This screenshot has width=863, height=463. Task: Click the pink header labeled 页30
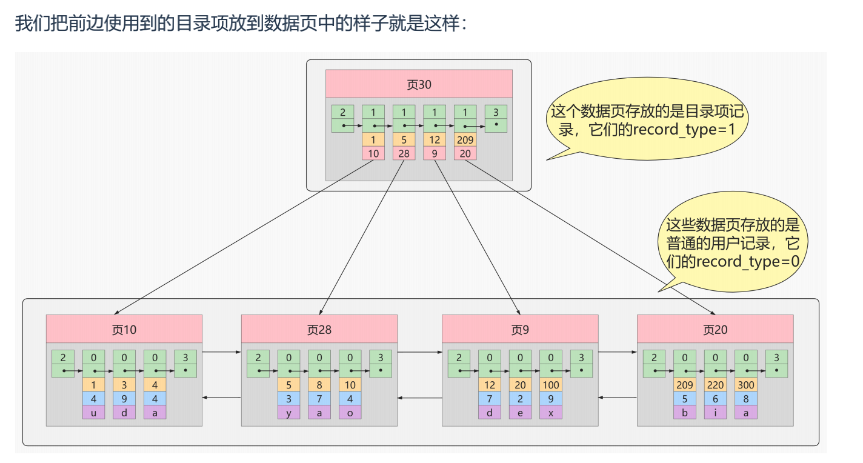(419, 84)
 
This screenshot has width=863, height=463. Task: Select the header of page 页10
(124, 329)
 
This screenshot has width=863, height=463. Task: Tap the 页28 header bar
(319, 329)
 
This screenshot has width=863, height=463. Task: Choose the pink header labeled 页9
(519, 329)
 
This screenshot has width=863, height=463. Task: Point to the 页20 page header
(715, 329)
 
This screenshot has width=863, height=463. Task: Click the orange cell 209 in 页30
(465, 140)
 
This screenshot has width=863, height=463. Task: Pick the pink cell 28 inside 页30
(404, 153)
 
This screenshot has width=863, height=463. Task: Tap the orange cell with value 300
(745, 385)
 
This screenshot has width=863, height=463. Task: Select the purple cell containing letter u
(93, 412)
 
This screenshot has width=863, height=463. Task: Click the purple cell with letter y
(288, 412)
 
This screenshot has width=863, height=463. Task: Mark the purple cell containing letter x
(550, 412)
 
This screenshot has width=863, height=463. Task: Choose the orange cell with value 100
(550, 385)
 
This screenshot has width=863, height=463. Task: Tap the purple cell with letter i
(715, 412)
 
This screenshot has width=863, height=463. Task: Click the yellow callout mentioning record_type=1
(647, 121)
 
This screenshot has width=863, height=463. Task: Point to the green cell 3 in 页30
(496, 119)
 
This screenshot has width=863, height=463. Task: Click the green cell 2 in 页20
(654, 364)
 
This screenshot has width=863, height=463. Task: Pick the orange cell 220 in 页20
(715, 385)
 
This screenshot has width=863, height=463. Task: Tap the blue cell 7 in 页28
(319, 399)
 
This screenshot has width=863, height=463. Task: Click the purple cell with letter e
(520, 412)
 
